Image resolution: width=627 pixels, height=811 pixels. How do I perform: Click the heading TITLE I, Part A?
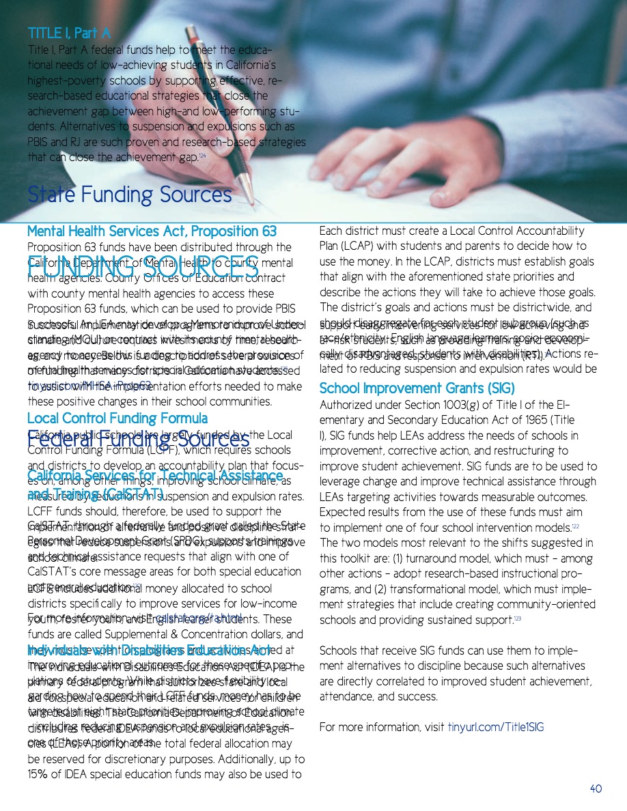(68, 33)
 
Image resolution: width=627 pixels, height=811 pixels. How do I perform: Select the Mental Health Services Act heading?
(151, 232)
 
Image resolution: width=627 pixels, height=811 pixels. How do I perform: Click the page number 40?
(596, 788)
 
